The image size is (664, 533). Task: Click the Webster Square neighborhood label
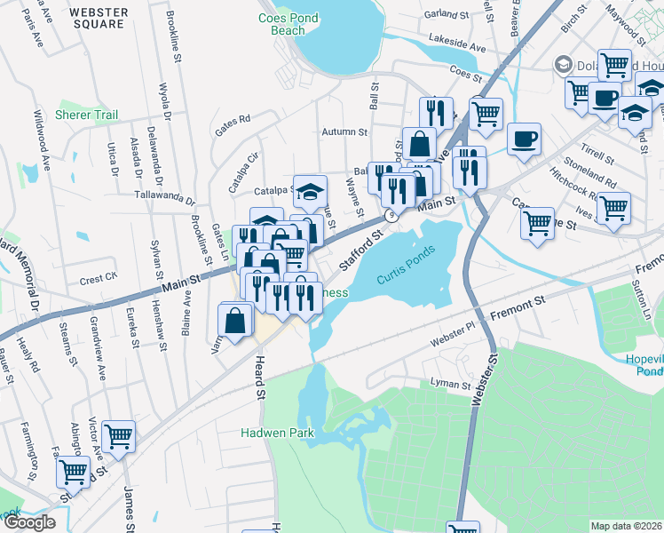click(x=98, y=19)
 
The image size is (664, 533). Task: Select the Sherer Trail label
click(x=86, y=115)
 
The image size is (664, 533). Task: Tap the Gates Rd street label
click(x=233, y=118)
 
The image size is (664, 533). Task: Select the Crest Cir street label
click(x=99, y=279)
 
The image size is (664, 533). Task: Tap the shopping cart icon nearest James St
click(x=118, y=435)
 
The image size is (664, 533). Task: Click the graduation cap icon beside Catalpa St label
click(x=310, y=190)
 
